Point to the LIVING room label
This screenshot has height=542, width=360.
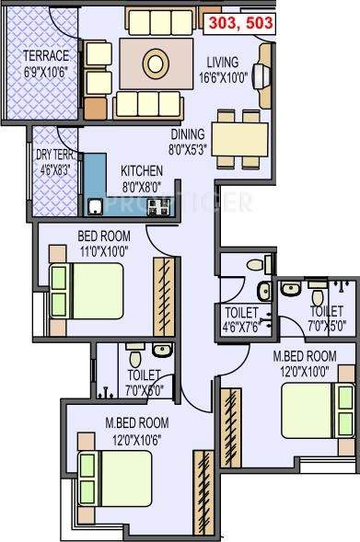pyautogui.click(x=224, y=63)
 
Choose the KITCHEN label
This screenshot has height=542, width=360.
pyautogui.click(x=142, y=171)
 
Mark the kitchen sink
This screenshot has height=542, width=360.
pyautogui.click(x=96, y=205)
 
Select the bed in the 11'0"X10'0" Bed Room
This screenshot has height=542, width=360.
pyautogui.click(x=86, y=289)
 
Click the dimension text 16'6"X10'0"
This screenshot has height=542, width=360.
pyautogui.click(x=224, y=79)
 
